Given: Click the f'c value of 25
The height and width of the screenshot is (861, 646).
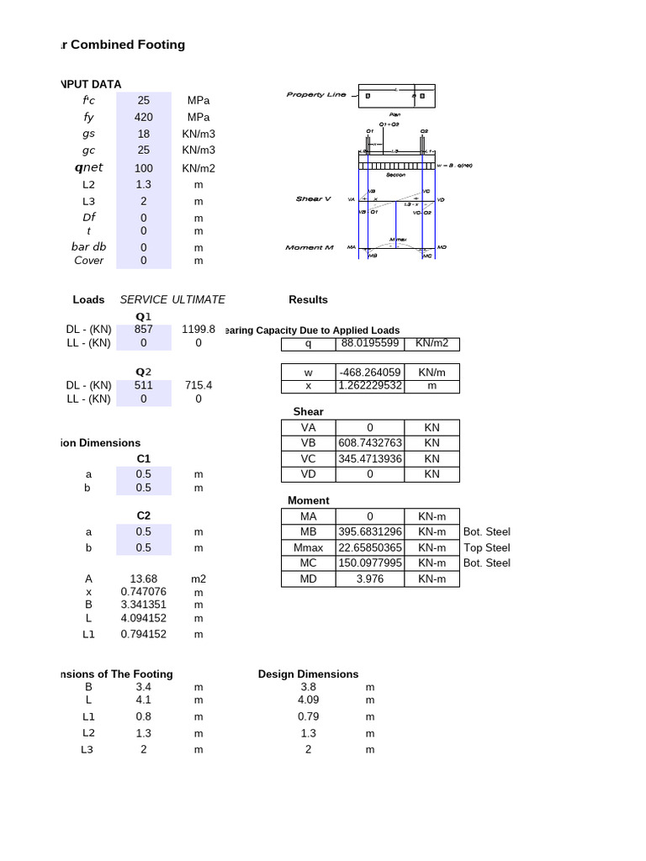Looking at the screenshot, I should [144, 100].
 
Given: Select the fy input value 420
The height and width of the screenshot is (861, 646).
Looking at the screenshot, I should [144, 117].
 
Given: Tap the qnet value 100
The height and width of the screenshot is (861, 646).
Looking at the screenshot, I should [144, 168].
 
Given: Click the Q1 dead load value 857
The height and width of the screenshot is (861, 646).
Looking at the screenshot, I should [144, 330].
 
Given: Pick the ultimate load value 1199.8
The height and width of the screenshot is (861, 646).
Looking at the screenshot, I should [199, 330].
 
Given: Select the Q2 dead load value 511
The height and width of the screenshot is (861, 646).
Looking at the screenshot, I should [144, 385].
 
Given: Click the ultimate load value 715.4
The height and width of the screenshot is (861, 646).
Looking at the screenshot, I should [199, 385].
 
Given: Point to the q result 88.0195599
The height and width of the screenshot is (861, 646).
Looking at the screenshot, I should [370, 343].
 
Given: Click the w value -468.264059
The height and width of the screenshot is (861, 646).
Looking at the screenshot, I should [370, 371].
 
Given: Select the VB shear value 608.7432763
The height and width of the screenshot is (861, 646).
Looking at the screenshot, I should [370, 442].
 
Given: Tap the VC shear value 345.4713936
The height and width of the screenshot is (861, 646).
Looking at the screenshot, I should [370, 458].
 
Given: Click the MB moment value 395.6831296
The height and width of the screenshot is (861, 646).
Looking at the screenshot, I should [370, 531].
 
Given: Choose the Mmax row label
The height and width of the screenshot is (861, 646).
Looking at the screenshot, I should [309, 547].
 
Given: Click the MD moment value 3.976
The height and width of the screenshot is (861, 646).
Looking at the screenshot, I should [370, 578].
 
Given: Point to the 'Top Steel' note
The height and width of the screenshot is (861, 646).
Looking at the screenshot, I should [486, 547].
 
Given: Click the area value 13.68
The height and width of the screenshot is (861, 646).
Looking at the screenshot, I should [144, 578].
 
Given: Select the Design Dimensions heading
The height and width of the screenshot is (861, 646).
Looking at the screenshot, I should [308, 673].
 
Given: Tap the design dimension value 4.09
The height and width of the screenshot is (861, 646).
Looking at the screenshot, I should [309, 700].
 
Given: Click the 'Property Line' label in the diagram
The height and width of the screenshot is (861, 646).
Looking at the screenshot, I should [315, 95].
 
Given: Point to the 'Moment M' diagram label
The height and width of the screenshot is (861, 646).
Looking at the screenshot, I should [310, 248].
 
